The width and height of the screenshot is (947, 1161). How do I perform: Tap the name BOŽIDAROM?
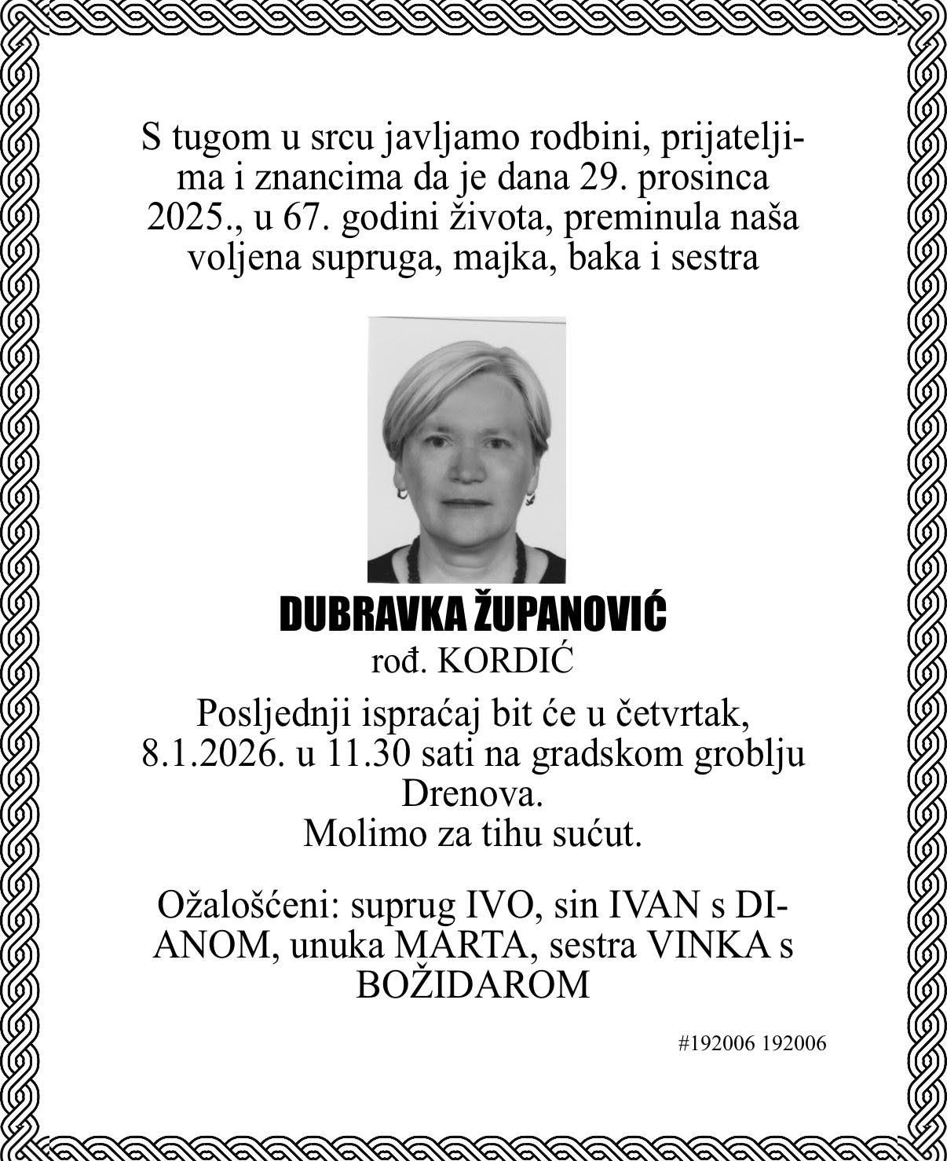473,984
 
